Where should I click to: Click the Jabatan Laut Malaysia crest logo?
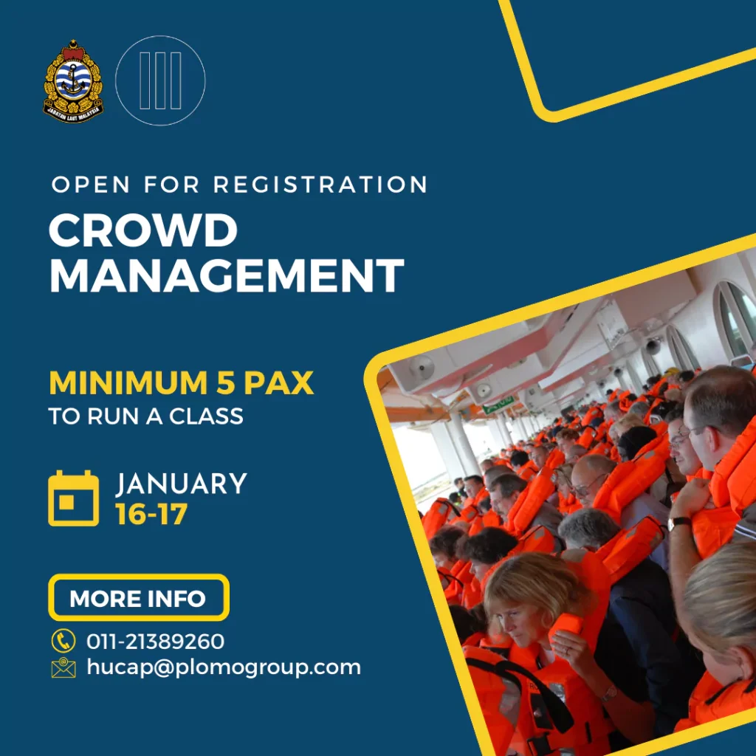point(73,80)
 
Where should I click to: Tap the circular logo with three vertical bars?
point(160,80)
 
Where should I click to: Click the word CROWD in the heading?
point(143,230)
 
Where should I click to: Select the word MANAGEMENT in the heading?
point(227,275)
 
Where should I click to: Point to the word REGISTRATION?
point(320,185)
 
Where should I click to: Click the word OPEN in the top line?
point(91,185)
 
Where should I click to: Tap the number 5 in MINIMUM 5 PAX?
point(225,383)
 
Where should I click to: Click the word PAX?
point(278,383)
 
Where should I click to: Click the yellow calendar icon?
point(73,498)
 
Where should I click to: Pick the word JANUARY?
point(182,484)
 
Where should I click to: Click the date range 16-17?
point(151,515)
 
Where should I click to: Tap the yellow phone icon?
point(63,641)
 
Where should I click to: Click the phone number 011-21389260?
point(155,642)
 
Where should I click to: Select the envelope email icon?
point(63,667)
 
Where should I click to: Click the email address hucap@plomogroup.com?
point(224,667)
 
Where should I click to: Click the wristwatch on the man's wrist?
point(679,522)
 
